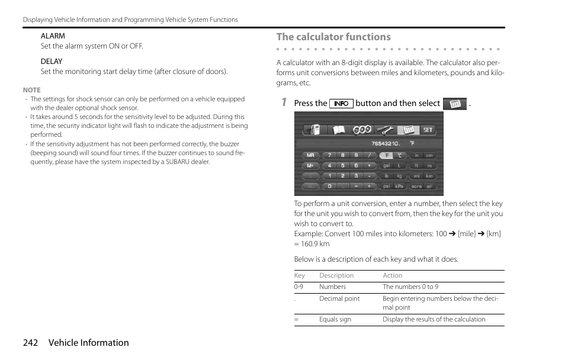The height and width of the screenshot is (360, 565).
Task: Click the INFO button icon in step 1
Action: [x=341, y=104]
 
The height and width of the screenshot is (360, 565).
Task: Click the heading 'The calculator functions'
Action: [x=333, y=37]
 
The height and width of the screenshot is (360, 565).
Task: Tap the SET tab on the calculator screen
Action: [x=427, y=130]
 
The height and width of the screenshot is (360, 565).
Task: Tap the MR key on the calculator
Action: [x=311, y=156]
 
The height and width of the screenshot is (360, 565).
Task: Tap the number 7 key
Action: [x=329, y=156]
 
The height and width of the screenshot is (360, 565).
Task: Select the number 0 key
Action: [x=329, y=186]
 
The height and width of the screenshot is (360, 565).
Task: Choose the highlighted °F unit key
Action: [x=385, y=156]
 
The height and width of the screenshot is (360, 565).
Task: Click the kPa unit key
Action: [x=400, y=186]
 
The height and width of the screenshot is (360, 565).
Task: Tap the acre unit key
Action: [x=417, y=186]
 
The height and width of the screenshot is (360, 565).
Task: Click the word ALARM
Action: [x=53, y=36]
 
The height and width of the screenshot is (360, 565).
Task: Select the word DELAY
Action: [x=52, y=62]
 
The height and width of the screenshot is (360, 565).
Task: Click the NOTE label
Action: [x=32, y=90]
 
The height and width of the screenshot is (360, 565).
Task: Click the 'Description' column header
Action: [x=336, y=275]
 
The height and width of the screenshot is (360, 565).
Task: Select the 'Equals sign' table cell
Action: [x=335, y=319]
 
